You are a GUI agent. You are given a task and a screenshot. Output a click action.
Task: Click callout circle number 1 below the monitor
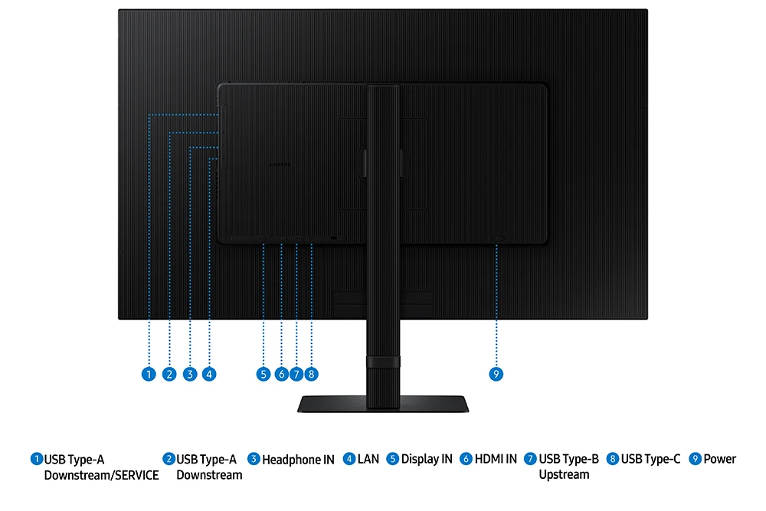149,374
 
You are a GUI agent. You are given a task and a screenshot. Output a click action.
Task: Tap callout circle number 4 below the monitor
209,374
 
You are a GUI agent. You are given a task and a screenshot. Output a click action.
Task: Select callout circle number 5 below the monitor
264,374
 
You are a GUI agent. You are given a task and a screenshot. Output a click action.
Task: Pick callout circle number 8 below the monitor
311,374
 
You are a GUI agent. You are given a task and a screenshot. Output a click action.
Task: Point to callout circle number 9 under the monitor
496,374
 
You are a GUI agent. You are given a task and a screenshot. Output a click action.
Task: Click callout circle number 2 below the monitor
169,374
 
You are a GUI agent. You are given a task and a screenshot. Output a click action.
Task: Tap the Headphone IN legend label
298,460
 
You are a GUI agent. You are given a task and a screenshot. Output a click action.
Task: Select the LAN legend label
368,459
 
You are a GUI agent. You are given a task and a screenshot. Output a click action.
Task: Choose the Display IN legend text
427,459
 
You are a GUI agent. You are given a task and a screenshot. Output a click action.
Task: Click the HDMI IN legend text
496,459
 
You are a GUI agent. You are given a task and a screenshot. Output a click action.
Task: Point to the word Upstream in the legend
564,475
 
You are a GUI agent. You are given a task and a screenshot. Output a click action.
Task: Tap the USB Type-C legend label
650,459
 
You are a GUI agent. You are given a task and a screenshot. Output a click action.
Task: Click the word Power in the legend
719,459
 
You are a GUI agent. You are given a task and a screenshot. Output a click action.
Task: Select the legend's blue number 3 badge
254,459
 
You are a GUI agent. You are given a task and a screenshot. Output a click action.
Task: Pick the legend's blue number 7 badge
530,459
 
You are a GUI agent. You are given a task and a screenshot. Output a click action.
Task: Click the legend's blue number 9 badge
696,459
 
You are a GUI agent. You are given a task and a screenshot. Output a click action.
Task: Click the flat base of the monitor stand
383,404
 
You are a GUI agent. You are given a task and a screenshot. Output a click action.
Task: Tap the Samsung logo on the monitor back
279,165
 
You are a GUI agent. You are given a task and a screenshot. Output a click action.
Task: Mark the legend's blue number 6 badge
466,459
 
